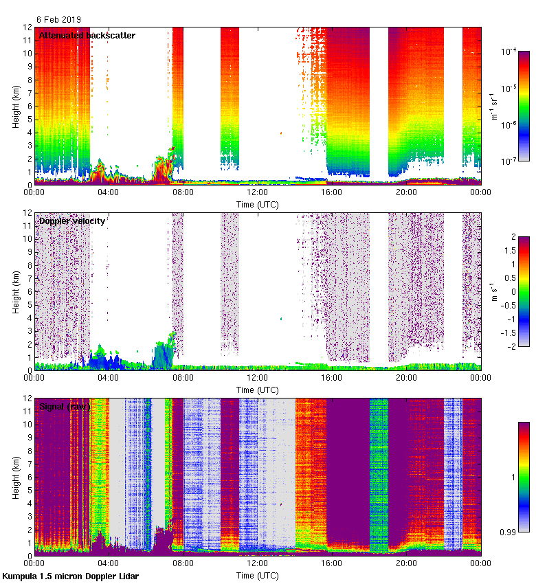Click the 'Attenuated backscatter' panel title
click(x=87, y=35)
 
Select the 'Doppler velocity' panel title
click(x=71, y=221)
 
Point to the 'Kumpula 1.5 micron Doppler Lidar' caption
click(x=71, y=576)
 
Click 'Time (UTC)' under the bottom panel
click(x=257, y=575)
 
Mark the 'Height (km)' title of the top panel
click(x=16, y=106)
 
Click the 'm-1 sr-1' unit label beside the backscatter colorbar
click(x=495, y=106)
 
